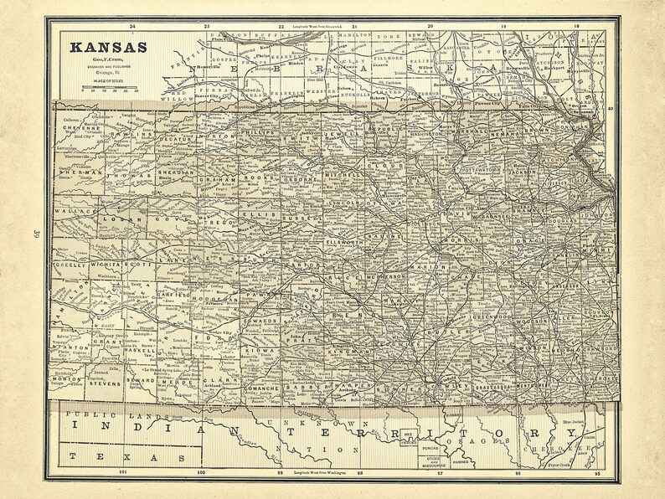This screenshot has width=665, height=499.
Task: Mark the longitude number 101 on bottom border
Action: [123, 473]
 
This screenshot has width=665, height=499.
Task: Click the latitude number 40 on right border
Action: [611, 108]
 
